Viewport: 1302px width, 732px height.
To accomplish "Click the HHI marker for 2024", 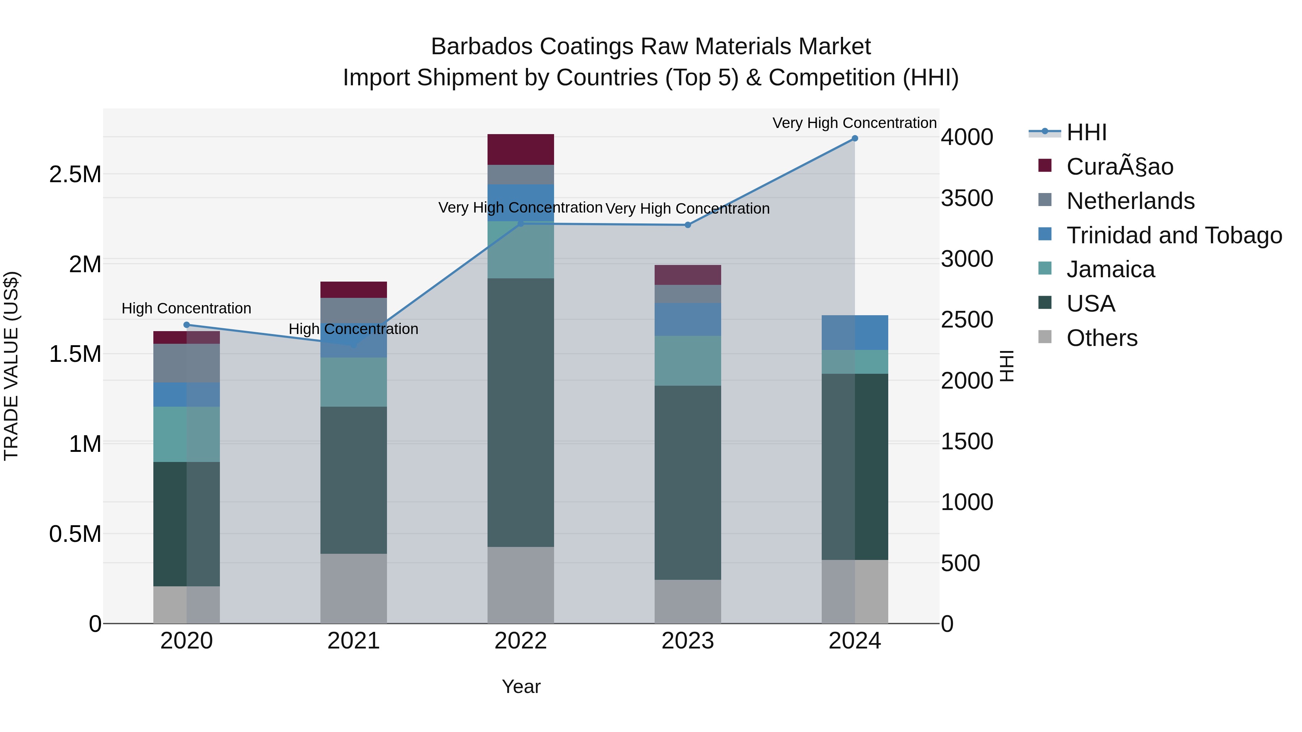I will (855, 138).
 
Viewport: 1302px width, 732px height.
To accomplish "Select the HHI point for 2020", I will (187, 325).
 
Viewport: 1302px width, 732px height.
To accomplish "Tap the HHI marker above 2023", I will (688, 225).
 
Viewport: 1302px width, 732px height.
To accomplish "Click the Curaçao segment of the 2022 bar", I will (520, 150).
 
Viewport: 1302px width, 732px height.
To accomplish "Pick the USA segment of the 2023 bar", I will (688, 483).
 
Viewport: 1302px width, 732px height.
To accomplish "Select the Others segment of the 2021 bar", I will (353, 588).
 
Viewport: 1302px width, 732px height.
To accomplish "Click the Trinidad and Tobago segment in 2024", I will (855, 333).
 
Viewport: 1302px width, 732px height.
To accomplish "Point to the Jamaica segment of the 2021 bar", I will (353, 382).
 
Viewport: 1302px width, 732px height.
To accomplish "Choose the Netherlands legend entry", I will (1130, 201).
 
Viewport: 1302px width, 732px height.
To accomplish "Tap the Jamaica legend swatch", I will (1045, 268).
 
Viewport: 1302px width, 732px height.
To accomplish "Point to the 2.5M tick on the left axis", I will (75, 175).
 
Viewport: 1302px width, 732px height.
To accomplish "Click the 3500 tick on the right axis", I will (967, 198).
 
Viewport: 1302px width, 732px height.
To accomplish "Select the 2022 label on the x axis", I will (520, 641).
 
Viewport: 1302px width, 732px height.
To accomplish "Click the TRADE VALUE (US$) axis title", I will (11, 366).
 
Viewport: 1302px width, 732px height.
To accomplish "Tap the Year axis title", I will (521, 686).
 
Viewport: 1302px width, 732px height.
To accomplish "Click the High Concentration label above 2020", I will (187, 308).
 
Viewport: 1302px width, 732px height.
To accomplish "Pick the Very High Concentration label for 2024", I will (854, 123).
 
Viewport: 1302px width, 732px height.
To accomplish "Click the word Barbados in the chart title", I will (482, 47).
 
